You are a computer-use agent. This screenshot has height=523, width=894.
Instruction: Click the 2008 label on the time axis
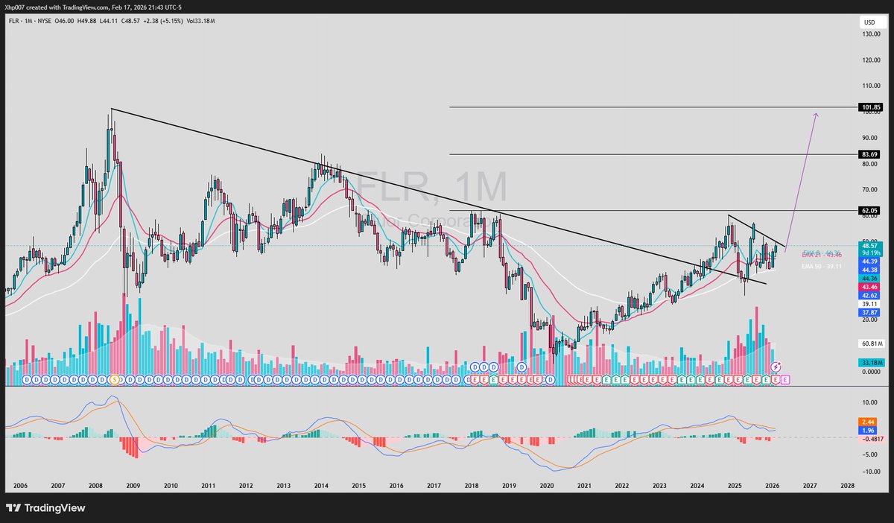[x=95, y=484]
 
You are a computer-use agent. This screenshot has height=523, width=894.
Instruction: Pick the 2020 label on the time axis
[x=547, y=484]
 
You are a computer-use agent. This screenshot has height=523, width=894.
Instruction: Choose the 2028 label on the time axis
[x=847, y=484]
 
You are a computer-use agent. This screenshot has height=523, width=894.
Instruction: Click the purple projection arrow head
[x=817, y=114]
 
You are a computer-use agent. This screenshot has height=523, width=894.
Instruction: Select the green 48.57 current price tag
[x=869, y=245]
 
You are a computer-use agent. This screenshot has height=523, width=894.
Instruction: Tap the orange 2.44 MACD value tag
[x=867, y=422]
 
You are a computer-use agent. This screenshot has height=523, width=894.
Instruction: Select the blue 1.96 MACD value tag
[x=867, y=431]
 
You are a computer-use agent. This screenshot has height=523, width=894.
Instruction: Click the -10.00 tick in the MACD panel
[x=869, y=472]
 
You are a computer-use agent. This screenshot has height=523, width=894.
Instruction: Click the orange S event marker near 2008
[x=114, y=379]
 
